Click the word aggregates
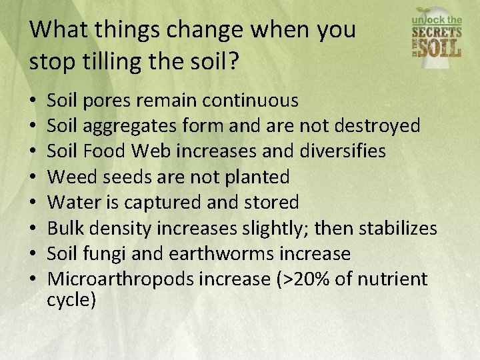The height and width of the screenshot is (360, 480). (x=127, y=126)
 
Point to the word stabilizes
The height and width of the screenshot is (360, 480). (x=398, y=229)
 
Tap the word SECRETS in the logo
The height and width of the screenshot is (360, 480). (x=437, y=32)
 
